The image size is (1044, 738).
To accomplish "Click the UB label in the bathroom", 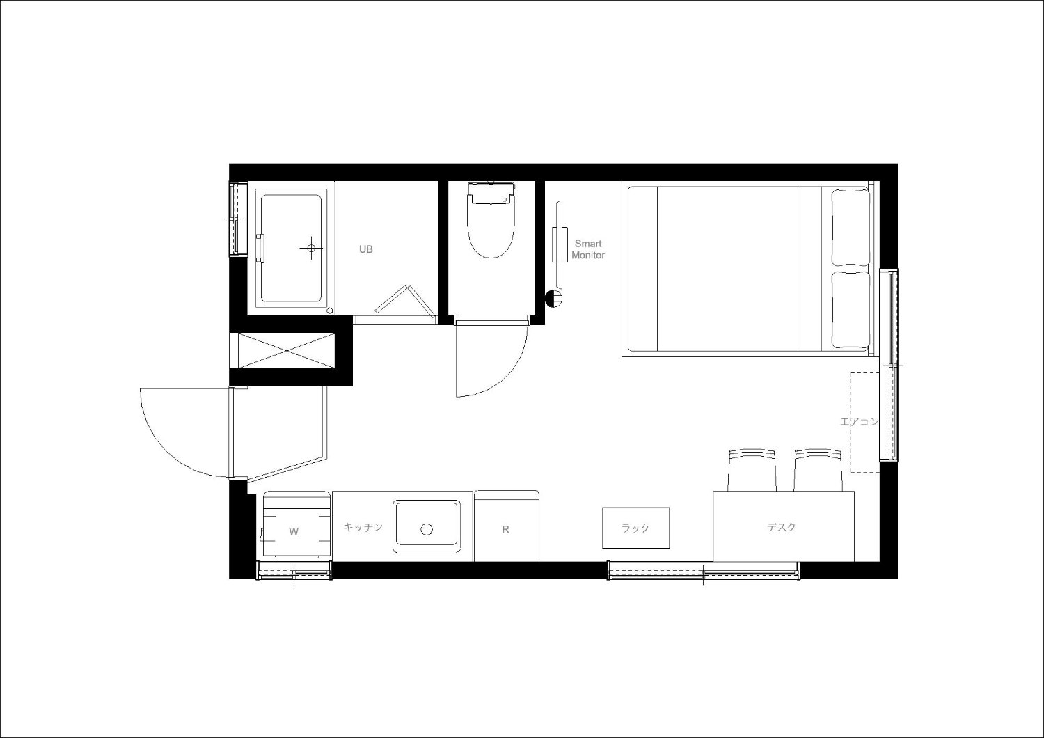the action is click(x=366, y=249).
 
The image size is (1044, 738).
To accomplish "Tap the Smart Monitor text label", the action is click(x=588, y=249).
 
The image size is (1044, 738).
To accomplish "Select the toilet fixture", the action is click(x=491, y=219).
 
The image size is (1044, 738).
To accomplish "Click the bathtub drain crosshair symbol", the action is click(x=311, y=248).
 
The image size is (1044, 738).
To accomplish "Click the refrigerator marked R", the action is click(x=507, y=526).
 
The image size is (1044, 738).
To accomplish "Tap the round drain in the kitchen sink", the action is click(x=427, y=529).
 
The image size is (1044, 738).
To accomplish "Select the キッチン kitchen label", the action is click(x=363, y=527).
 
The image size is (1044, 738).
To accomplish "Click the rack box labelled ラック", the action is click(x=635, y=528).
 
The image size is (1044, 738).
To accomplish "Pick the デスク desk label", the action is click(x=782, y=527).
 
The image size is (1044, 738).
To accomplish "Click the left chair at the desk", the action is click(x=752, y=470).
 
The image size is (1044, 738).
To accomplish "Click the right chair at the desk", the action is click(x=818, y=470).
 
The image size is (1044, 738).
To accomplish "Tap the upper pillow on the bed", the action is click(x=851, y=227).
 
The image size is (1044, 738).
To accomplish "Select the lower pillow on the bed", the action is click(x=851, y=310).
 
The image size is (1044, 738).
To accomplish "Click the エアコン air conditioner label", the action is click(x=859, y=422).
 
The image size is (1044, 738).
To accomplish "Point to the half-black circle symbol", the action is click(x=554, y=299).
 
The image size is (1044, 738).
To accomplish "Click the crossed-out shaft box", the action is click(x=287, y=351).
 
